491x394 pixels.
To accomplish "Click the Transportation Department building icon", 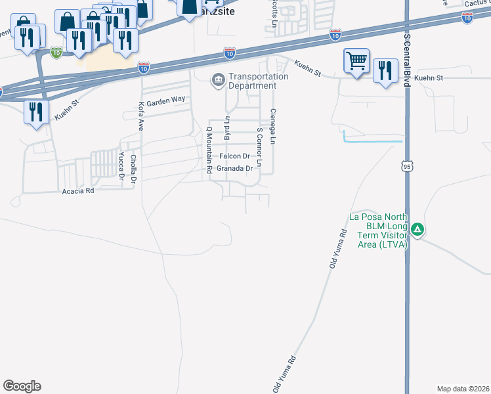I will tap(217, 81).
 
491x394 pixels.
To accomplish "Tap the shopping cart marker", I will tap(356, 62).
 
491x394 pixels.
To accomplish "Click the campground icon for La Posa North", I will tap(418, 230).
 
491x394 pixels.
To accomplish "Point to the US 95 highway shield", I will tap(407, 167).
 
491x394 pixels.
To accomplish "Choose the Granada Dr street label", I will tap(235, 168).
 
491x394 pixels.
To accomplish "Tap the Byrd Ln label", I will tap(227, 129).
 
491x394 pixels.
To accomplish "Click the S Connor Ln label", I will tap(259, 146).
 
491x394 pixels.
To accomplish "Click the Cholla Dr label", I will tap(133, 167).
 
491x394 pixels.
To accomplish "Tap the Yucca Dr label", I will tap(121, 165).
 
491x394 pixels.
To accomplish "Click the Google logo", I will tap(22, 386).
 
